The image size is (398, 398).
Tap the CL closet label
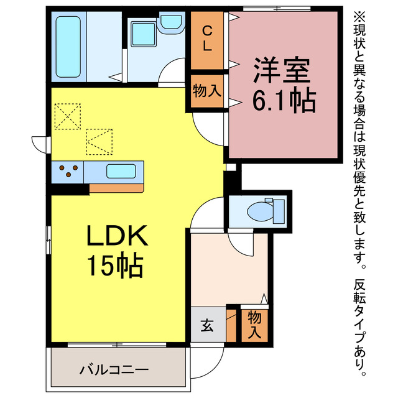pyautogui.click(x=207, y=38)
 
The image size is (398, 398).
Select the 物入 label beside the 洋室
pyautogui.click(x=207, y=91)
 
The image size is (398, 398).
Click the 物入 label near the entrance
pyautogui.click(x=254, y=324)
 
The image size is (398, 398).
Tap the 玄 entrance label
pyautogui.click(x=207, y=324)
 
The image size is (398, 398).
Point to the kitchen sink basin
pyautogui.click(x=122, y=170)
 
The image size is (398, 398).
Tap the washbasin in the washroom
pyautogui.click(x=169, y=23)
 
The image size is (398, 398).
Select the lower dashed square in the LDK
pyautogui.click(x=99, y=141)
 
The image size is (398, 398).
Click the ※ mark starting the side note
pyautogui.click(x=360, y=14)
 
